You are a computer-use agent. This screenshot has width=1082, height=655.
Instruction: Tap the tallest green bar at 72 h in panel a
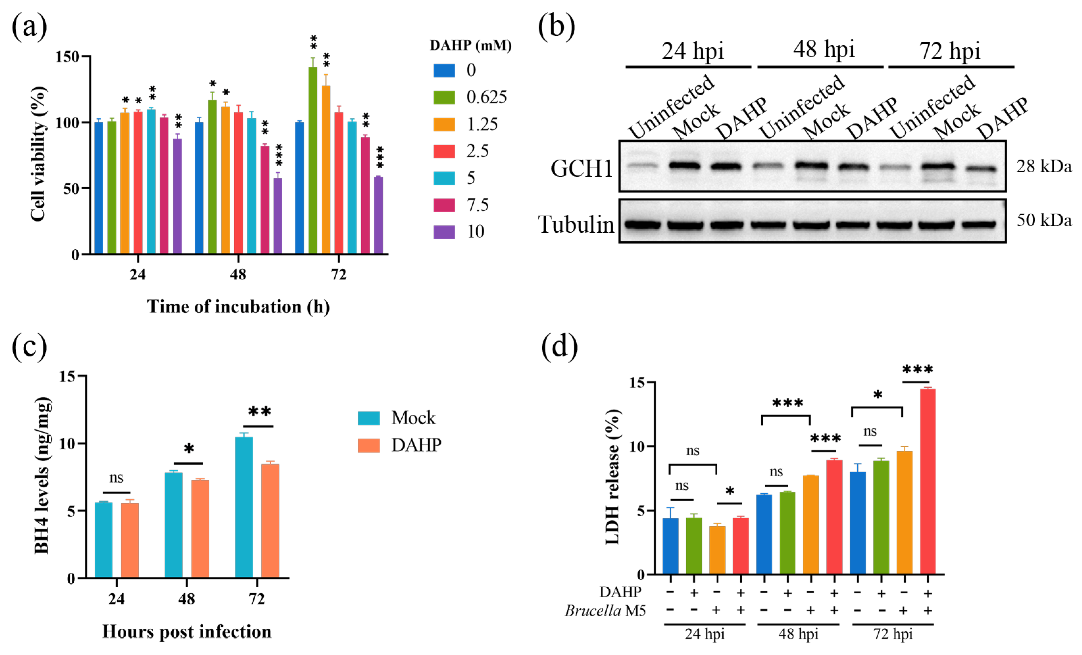[313, 160]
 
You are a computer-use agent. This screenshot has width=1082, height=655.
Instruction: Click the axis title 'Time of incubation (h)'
[238, 307]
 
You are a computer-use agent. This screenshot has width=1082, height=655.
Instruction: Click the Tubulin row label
[576, 224]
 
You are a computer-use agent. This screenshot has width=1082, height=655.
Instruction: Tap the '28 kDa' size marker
[1044, 167]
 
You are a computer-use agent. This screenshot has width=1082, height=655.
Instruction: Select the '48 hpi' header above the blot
[824, 49]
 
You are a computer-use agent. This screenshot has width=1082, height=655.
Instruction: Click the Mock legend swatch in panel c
[368, 418]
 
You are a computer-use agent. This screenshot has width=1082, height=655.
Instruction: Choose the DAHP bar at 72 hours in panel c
[270, 521]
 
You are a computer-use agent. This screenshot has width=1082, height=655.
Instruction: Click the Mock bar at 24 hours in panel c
[104, 540]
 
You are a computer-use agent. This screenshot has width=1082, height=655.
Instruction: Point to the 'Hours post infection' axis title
[187, 632]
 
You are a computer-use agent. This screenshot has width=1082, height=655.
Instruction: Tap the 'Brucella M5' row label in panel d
[605, 611]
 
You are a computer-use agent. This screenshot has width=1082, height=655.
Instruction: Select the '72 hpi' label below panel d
[893, 634]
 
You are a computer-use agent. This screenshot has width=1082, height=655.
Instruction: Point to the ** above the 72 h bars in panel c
[260, 411]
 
